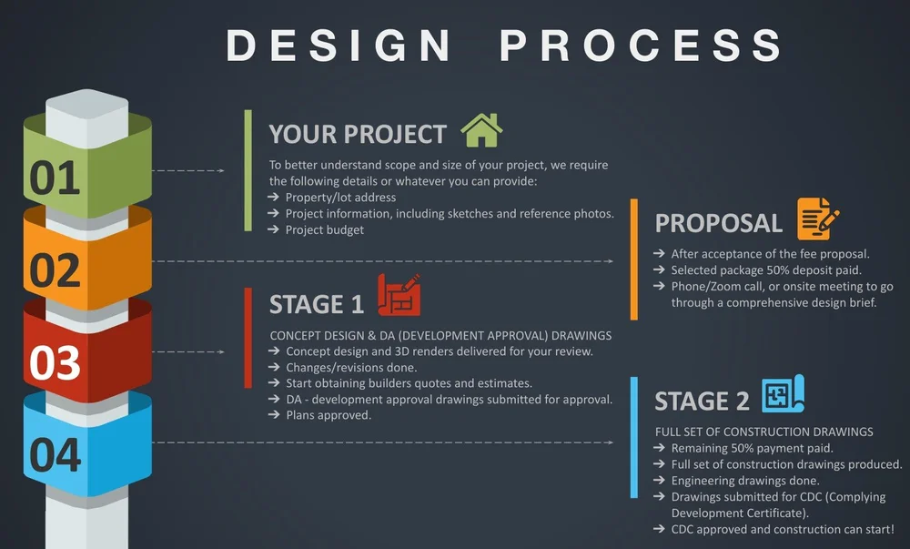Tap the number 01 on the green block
(55, 178)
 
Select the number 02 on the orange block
(55, 270)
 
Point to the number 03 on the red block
(55, 362)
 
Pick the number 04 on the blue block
(55, 455)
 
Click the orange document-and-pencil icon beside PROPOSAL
(817, 219)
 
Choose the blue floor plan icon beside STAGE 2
(782, 394)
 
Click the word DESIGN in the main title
(339, 46)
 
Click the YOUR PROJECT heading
(358, 134)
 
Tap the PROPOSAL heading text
(718, 223)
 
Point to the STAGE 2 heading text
(702, 402)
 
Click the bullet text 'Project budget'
(324, 229)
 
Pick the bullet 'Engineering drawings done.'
(744, 481)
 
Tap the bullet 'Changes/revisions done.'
(351, 367)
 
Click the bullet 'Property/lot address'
(340, 198)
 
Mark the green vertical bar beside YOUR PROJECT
(248, 170)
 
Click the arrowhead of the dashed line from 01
(220, 170)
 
